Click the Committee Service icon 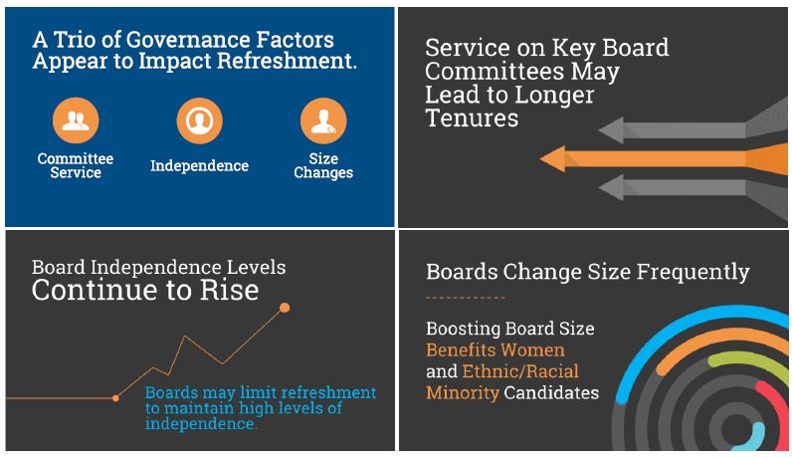click(x=76, y=120)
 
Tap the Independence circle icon click(x=200, y=120)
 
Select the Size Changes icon click(x=323, y=120)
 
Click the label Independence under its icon click(x=200, y=166)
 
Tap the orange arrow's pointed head click(x=553, y=158)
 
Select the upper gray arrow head click(x=611, y=129)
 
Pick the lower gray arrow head click(x=611, y=187)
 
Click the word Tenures click(x=472, y=118)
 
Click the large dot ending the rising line click(x=285, y=308)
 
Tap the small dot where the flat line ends click(x=115, y=398)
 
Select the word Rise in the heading click(x=229, y=290)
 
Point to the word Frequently click(x=693, y=272)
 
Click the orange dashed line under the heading click(x=466, y=298)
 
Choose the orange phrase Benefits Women click(x=495, y=349)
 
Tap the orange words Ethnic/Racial click(x=520, y=371)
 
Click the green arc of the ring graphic click(x=747, y=360)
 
